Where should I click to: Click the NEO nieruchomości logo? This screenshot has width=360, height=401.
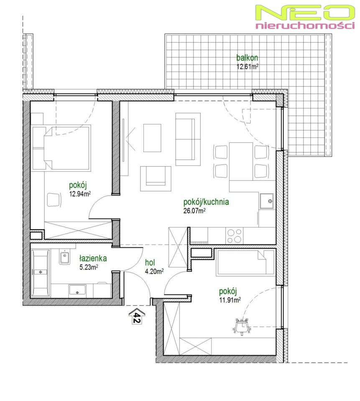pos(305,17)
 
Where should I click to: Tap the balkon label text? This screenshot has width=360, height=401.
pos(247,58)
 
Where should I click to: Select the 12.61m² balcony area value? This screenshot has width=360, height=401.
pos(247,67)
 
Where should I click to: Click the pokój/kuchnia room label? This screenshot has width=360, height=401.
pos(206,202)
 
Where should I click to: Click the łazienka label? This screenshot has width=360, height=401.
pos(93,258)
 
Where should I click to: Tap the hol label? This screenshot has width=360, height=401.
pos(150,262)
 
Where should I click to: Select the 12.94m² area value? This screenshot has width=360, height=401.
pos(80,194)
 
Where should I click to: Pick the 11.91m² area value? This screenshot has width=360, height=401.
pos(230,300)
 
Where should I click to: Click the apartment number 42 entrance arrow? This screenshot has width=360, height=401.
pos(137,316)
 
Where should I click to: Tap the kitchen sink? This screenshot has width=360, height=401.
pos(267,201)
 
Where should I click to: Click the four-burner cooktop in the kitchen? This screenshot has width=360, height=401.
pos(234,236)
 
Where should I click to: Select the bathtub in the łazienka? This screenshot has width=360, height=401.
pos(41,273)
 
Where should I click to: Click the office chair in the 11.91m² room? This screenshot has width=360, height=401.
pos(241,326)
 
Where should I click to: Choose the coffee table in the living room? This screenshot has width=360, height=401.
pos(152,138)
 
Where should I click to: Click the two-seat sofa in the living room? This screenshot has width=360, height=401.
pos(188,139)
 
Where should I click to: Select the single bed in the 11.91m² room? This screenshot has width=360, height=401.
pos(245,263)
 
